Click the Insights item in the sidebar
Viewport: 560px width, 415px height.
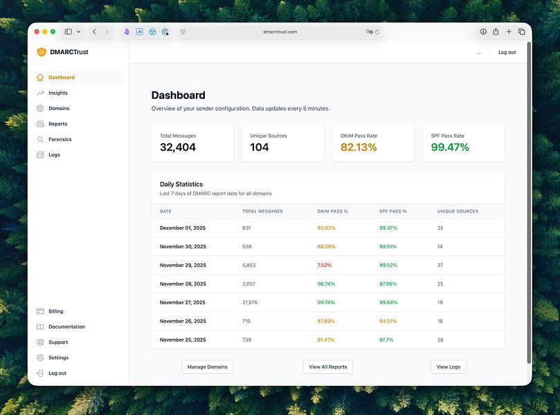tap(57, 93)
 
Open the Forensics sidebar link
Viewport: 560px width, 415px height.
tap(60, 139)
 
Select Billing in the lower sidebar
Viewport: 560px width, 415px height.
tap(55, 311)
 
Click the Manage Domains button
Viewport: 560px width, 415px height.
tap(207, 367)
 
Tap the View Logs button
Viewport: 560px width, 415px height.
tap(448, 367)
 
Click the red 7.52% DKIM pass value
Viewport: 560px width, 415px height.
tap(325, 265)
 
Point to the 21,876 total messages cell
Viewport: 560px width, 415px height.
tap(250, 302)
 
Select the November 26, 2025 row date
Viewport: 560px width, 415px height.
tap(183, 321)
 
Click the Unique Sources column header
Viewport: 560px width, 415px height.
tap(458, 211)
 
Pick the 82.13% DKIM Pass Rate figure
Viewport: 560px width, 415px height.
tap(359, 147)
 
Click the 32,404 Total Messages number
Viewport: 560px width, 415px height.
tap(178, 147)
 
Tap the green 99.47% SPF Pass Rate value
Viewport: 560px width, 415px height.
tap(450, 147)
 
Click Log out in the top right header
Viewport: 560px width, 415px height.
tap(507, 52)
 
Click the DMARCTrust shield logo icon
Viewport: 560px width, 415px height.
tap(42, 52)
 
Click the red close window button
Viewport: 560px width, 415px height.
tap(35, 32)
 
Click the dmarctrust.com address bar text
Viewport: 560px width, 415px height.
tap(280, 32)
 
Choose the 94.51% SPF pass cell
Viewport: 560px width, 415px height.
tap(388, 321)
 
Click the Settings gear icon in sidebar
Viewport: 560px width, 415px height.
tap(40, 358)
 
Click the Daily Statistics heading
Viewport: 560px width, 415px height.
tap(181, 184)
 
